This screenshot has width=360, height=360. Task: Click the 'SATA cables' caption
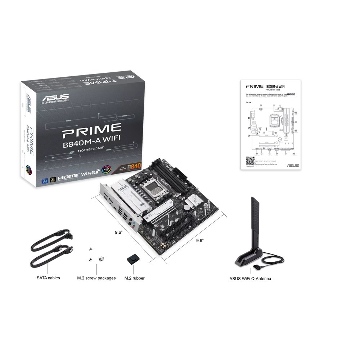tap(48, 278)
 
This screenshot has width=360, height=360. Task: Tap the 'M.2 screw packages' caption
tap(96, 278)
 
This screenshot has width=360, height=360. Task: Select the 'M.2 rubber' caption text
tap(134, 278)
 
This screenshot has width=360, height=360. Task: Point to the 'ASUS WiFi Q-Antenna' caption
tap(250, 278)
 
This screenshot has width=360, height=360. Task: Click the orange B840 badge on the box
tap(132, 166)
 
